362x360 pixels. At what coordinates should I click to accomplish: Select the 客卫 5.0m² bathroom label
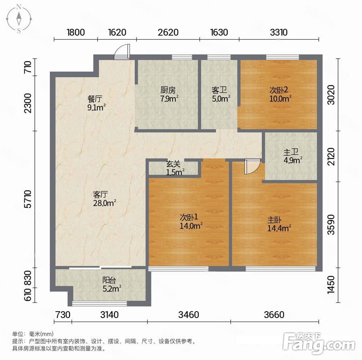(221, 94)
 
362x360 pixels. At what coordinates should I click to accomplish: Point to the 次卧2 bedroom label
(280, 94)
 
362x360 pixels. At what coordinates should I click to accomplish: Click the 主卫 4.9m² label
(293, 156)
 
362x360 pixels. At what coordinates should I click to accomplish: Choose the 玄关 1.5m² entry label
(175, 168)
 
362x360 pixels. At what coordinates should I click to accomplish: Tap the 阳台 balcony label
(112, 284)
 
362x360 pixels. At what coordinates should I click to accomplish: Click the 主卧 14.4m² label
(279, 224)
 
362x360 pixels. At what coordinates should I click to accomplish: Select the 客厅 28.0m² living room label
(104, 199)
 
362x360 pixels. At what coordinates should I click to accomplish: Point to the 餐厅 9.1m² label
(96, 103)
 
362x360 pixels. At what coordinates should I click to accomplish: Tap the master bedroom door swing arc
(253, 166)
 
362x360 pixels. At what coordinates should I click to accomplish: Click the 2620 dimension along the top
(168, 32)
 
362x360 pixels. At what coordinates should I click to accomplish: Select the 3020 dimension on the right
(331, 95)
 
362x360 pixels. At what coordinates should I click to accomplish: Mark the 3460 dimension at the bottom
(189, 315)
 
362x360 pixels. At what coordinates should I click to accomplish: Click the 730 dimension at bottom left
(63, 315)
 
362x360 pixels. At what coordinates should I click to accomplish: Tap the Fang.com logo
(318, 343)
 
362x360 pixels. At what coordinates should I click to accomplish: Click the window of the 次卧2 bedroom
(282, 57)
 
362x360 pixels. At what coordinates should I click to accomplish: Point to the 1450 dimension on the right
(331, 284)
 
